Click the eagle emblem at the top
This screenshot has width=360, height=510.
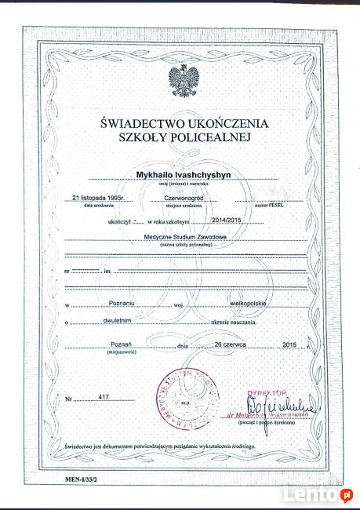tap(184, 81)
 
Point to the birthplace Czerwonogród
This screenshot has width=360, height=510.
tap(183, 199)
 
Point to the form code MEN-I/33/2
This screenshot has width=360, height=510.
tap(75, 476)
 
